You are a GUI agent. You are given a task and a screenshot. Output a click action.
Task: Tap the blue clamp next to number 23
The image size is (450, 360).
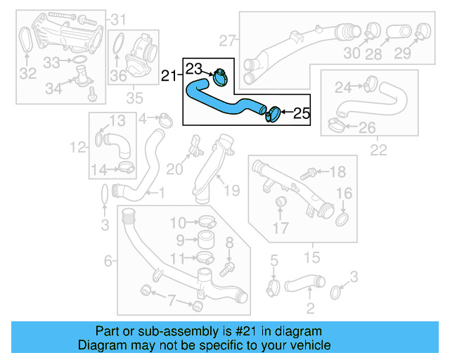[x=219, y=75]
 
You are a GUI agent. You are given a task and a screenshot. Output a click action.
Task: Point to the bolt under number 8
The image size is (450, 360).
[x=226, y=268]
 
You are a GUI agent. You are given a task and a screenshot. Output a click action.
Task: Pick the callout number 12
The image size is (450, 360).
[x=77, y=148]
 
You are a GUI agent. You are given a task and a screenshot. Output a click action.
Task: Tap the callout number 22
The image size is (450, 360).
[x=378, y=149]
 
